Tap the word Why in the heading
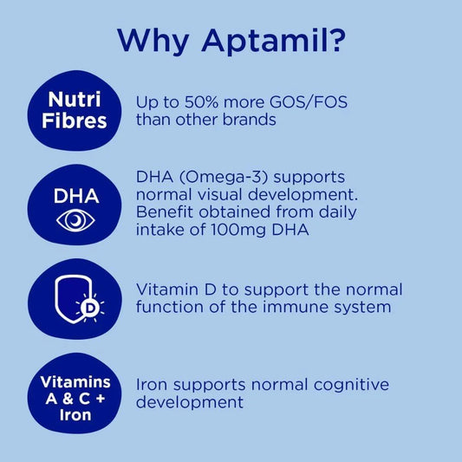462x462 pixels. tap(149, 40)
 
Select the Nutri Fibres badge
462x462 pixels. tap(77, 109)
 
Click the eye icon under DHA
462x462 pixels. tap(76, 220)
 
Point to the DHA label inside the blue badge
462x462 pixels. tap(76, 196)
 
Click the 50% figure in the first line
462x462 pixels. tap(199, 101)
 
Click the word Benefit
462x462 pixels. tap(166, 212)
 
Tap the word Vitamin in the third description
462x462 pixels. tap(169, 290)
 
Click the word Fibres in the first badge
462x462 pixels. tap(77, 120)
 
